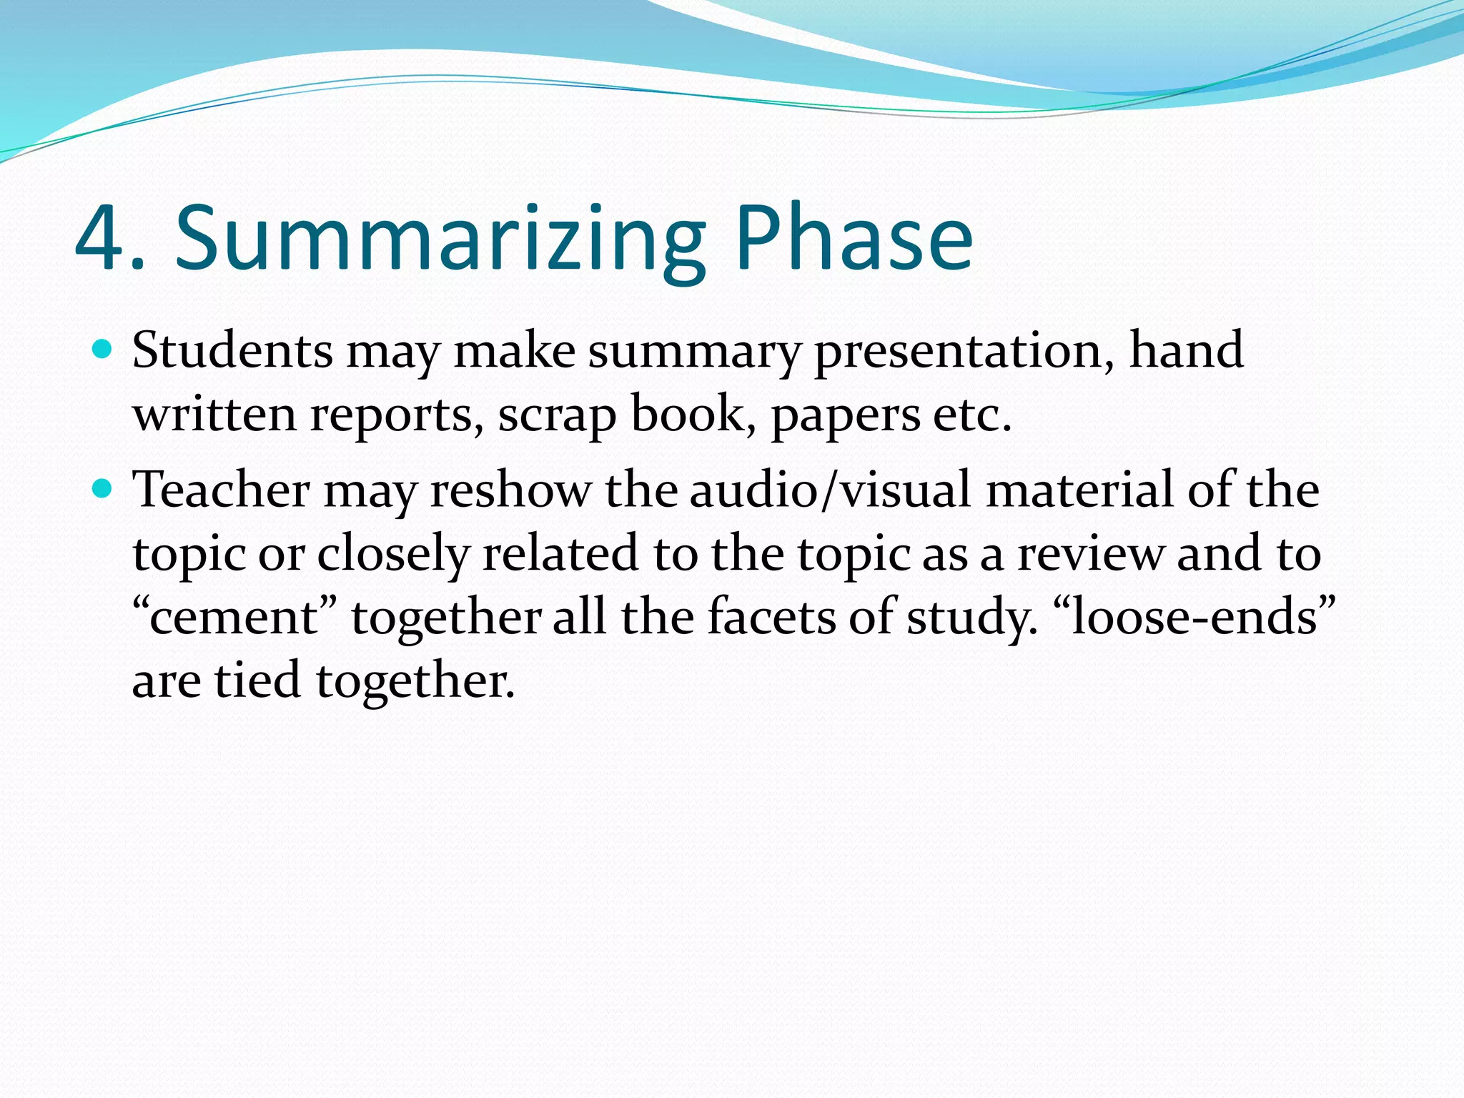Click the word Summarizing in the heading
tap(440, 239)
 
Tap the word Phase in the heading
tap(854, 239)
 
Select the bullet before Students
tap(103, 350)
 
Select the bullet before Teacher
tap(103, 489)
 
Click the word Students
tap(232, 351)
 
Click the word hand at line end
tap(1186, 351)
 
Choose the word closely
tap(392, 555)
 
